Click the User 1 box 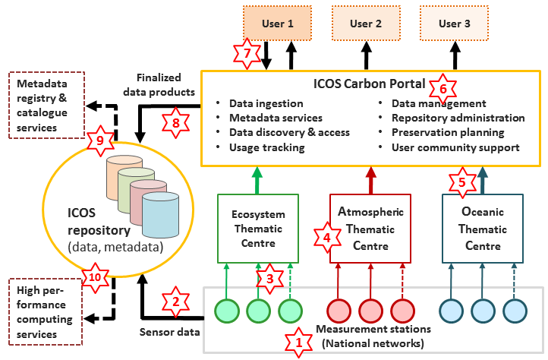click(x=279, y=24)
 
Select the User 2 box click(x=366, y=24)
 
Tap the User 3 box click(x=455, y=24)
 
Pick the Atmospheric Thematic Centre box click(x=370, y=228)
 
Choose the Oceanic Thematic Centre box click(x=482, y=228)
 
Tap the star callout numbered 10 click(x=95, y=279)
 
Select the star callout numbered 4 click(x=328, y=236)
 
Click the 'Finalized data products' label click(x=165, y=85)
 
